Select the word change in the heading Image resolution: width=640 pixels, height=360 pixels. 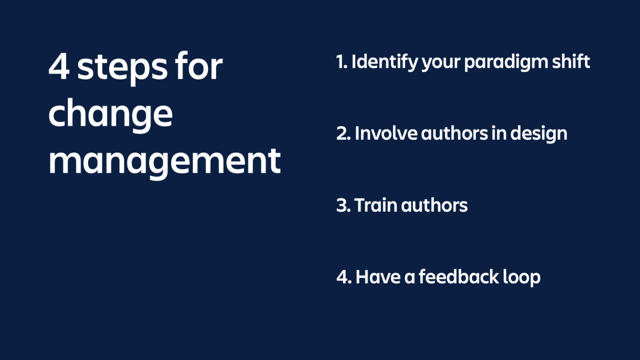(x=110, y=115)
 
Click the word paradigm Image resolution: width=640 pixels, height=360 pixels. (x=507, y=63)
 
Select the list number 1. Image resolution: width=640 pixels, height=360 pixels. (x=341, y=62)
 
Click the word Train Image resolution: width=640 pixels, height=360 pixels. (x=372, y=205)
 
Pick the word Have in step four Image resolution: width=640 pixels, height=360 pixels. (x=376, y=277)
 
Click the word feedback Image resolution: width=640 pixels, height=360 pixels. (x=459, y=277)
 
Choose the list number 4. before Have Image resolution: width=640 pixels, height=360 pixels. (x=343, y=277)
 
